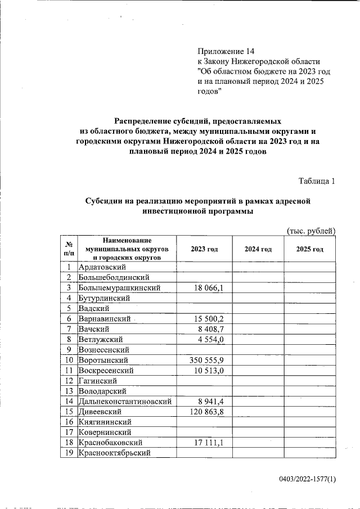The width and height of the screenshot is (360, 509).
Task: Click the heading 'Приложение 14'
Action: [x=226, y=51]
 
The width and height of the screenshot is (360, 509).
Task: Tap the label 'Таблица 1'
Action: [x=317, y=181]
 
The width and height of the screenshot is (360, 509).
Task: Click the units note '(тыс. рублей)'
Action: [x=311, y=231]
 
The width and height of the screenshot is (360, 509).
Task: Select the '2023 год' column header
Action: [x=204, y=249]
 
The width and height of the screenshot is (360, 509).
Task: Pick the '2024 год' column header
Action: [x=258, y=249]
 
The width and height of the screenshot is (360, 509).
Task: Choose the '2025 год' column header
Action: [x=310, y=249]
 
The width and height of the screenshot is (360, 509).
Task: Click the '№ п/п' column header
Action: [x=68, y=249]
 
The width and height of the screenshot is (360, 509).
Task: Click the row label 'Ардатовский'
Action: [x=102, y=267]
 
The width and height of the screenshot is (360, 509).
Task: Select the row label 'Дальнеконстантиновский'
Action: [x=125, y=402]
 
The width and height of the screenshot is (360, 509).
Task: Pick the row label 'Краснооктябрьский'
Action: [x=115, y=453]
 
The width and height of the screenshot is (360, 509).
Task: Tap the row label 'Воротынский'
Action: [x=103, y=360]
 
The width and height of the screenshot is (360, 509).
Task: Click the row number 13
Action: [x=68, y=391]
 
